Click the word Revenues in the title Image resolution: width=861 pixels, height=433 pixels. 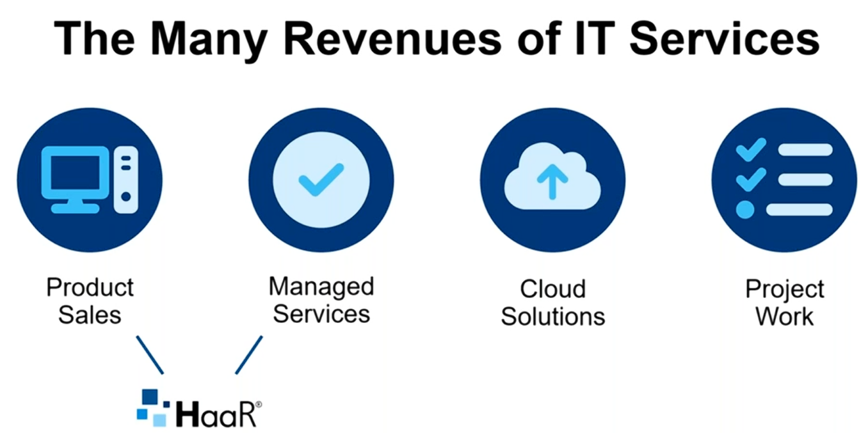[392, 39]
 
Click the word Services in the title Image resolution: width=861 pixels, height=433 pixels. [725, 39]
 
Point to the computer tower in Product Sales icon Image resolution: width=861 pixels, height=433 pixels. [126, 180]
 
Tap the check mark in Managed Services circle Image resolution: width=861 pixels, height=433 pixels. [321, 180]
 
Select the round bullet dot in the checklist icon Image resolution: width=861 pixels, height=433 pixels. [745, 210]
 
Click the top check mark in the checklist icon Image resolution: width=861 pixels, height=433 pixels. [751, 150]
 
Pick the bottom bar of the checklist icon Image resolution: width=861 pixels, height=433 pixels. [800, 210]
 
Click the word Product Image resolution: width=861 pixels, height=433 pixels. [90, 287]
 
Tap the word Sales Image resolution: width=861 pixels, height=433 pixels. [90, 315]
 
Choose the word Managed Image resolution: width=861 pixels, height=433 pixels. [321, 287]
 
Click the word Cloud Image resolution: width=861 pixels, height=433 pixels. [552, 289]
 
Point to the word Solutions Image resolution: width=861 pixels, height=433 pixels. [552, 317]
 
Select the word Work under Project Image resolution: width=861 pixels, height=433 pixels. [785, 317]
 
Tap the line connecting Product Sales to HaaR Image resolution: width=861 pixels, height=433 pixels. [150, 355]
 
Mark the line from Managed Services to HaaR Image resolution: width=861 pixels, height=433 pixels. [249, 355]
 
